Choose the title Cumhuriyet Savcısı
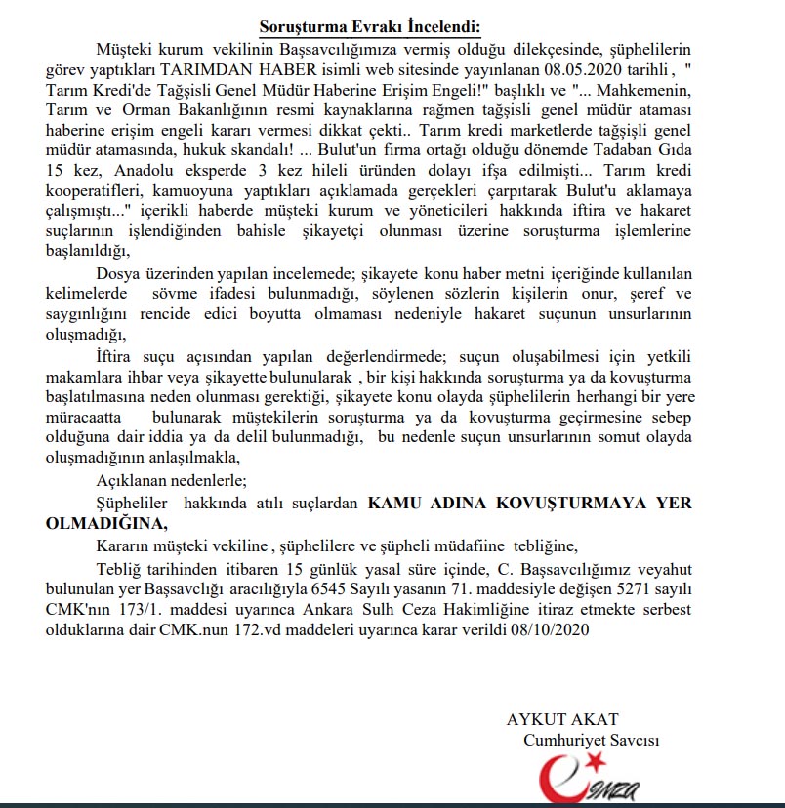click(591, 741)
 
